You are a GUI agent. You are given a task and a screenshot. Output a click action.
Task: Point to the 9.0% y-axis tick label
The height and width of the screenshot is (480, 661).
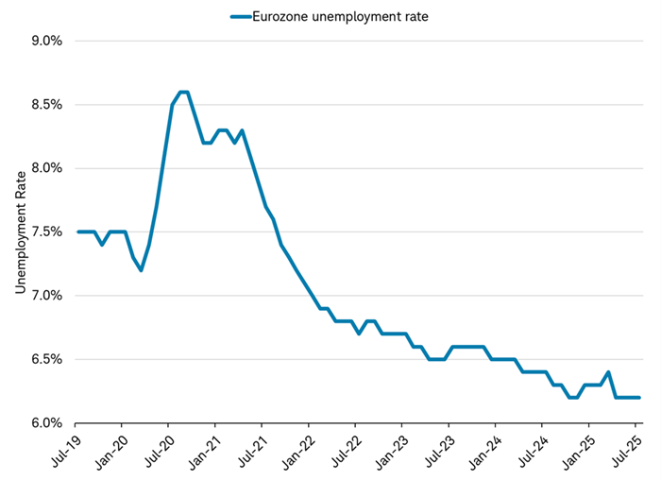[x=43, y=42]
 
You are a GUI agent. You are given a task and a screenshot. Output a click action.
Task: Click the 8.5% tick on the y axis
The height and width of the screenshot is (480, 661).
[x=43, y=105]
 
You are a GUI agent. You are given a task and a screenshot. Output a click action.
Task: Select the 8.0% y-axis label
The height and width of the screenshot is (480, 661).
[x=43, y=168]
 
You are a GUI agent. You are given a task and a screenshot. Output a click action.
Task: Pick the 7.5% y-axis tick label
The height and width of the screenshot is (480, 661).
[x=43, y=232]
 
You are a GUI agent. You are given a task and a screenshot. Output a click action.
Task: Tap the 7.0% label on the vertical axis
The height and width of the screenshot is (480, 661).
[x=43, y=296]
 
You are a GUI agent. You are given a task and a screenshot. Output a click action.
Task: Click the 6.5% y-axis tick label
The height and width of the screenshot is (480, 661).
[x=43, y=360]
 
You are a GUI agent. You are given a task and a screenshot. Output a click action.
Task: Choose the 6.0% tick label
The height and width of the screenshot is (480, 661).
[x=43, y=423]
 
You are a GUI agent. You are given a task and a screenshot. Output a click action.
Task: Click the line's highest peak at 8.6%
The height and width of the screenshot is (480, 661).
[x=184, y=92]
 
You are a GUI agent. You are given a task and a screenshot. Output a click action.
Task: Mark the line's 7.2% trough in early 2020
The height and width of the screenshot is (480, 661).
[x=141, y=270]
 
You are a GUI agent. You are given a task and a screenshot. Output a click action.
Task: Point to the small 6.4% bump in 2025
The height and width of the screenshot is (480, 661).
[x=608, y=372]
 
